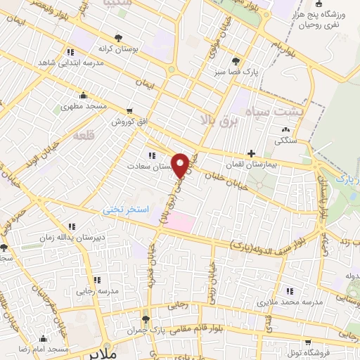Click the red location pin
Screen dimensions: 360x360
(180, 165)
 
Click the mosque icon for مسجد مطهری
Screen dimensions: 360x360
(84, 96)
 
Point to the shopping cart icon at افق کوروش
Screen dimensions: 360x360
(129, 111)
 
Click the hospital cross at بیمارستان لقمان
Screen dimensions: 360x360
(251, 153)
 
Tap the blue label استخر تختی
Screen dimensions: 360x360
(122, 209)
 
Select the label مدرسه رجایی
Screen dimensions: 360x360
(100, 289)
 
